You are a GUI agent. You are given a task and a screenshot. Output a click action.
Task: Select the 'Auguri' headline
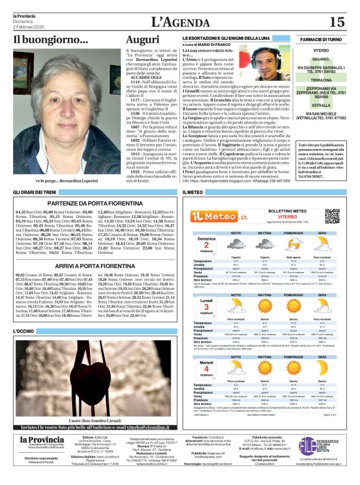[x=142, y=39]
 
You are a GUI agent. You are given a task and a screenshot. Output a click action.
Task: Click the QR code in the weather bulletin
[x=332, y=215]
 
